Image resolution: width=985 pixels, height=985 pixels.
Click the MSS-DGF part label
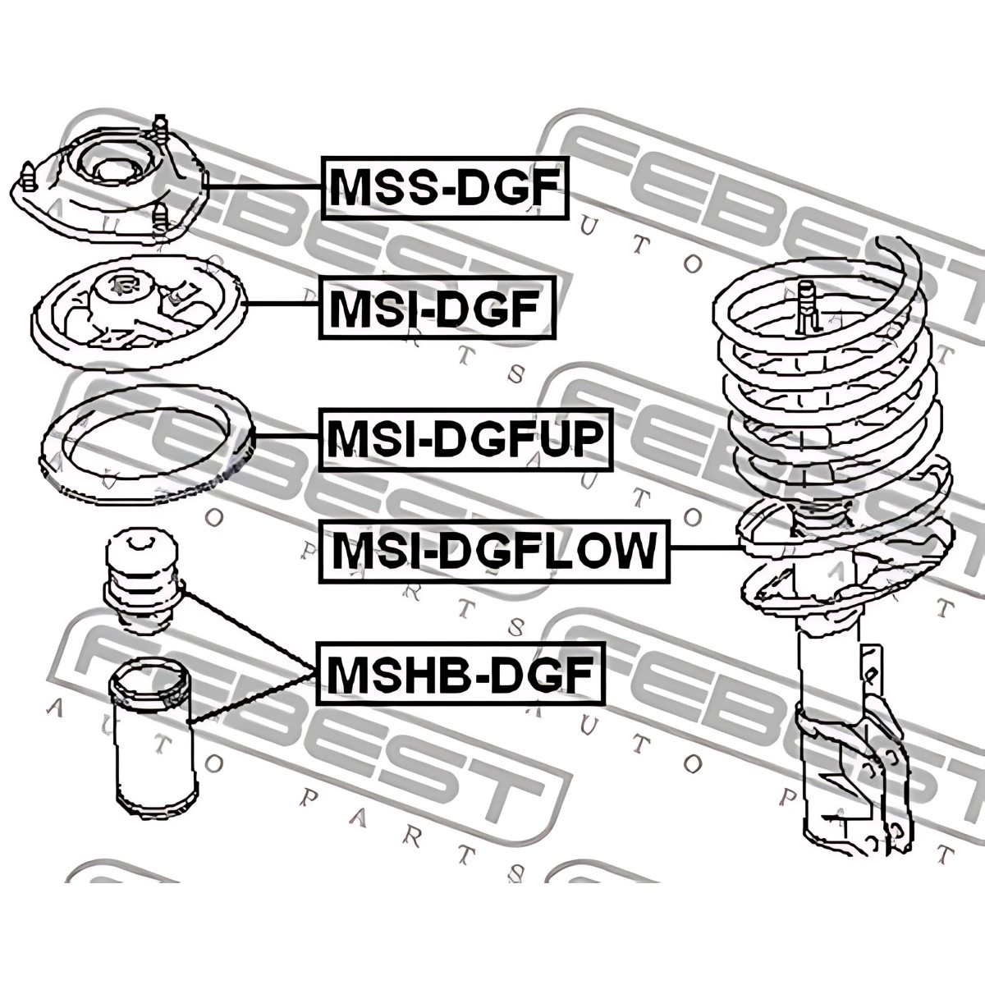[444, 187]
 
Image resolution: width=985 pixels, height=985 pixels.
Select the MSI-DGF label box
[435, 309]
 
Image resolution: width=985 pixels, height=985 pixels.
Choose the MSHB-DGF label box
[460, 673]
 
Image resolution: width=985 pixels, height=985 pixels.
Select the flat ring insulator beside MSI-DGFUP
[148, 443]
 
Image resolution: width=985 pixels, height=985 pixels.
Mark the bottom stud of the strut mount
[161, 220]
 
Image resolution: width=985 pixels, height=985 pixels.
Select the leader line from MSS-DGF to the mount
[263, 188]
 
